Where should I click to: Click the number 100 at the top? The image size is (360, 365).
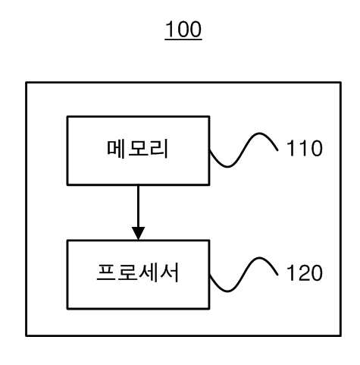183,29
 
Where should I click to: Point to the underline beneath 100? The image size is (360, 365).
183,39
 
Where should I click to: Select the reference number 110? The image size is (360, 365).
305,148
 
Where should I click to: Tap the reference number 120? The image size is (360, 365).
305,273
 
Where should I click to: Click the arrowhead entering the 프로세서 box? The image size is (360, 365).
138,233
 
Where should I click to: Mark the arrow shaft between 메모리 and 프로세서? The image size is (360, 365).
138,206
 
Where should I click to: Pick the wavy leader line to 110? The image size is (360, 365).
244,149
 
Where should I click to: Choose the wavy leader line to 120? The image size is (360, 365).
244,275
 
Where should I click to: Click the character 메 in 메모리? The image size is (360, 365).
116,149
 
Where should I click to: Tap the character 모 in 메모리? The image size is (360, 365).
138,149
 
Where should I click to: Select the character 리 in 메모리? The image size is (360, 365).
159,149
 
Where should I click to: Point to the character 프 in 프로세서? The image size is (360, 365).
106,272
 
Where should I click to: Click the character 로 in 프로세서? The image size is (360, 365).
127,272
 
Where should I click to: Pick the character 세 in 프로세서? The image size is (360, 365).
149,272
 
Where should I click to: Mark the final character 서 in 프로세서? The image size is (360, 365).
170,272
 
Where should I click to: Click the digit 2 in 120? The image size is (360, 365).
305,273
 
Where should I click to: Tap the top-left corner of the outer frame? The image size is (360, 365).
27,83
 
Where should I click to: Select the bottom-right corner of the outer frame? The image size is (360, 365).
341,335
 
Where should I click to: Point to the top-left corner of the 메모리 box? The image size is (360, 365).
67,117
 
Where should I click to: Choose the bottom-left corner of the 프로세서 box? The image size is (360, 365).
67,308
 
